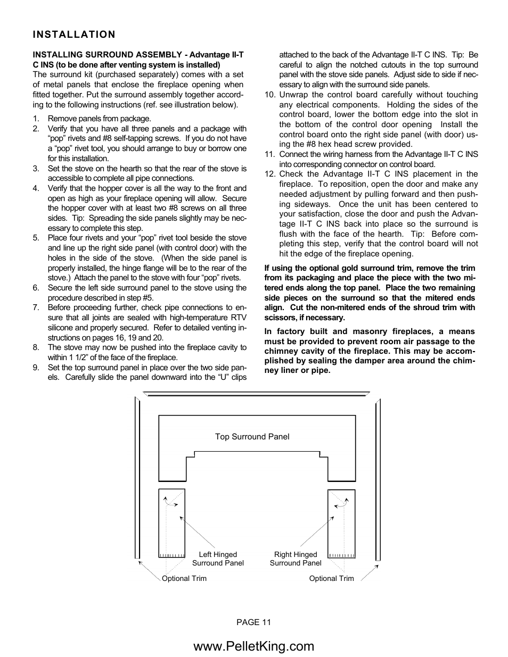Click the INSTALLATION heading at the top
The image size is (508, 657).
(73, 35)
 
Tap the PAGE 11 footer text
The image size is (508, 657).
(254, 622)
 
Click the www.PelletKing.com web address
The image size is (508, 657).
(254, 646)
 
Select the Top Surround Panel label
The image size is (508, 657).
(252, 437)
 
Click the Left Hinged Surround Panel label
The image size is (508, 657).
(218, 559)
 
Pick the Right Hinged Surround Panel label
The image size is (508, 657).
(296, 559)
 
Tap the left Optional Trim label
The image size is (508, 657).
(184, 578)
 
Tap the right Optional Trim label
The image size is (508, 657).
(331, 578)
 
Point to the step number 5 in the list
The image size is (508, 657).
(36, 238)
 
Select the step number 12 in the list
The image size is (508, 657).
(269, 174)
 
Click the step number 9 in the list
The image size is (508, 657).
(36, 368)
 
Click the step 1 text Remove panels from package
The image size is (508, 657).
(100, 119)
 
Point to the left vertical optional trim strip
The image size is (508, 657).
(137, 479)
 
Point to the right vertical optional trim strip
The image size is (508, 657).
(378, 479)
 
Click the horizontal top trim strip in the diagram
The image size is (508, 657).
(256, 395)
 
